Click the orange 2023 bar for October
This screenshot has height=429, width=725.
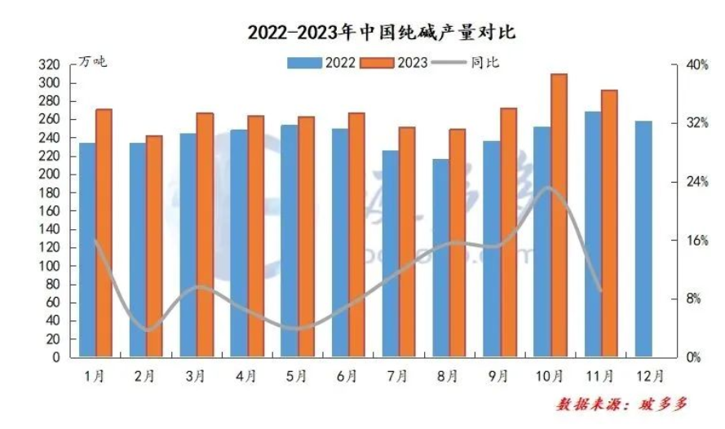[559, 215]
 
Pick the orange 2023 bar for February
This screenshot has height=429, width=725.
[154, 246]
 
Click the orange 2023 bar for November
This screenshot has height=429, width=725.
[609, 223]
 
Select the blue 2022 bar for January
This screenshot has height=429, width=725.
[86, 250]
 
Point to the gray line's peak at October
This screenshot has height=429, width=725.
[549, 188]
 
